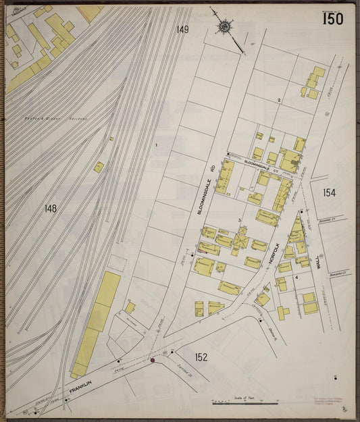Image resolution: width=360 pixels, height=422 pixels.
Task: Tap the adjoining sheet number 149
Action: click(182, 30)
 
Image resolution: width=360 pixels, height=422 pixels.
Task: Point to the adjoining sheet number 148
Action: click(50, 209)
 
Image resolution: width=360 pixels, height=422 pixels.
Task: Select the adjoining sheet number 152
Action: click(201, 357)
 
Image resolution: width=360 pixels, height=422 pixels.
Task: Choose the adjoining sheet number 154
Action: click(329, 193)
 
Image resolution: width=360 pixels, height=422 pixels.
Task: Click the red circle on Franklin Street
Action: click(153, 361)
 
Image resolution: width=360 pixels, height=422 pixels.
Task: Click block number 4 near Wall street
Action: click(296, 277)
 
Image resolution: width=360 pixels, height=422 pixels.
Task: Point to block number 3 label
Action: click(238, 221)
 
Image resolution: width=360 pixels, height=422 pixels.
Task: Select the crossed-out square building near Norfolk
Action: click(241, 241)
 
